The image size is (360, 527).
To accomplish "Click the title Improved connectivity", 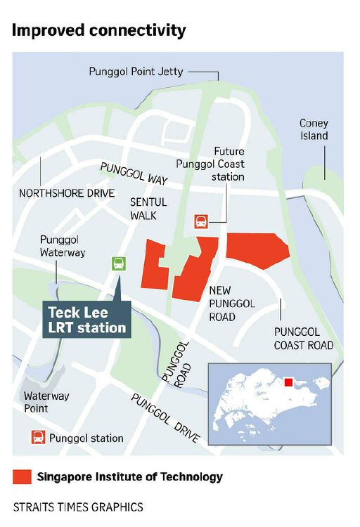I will [x=99, y=30].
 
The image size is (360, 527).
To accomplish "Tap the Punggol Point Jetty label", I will [x=135, y=72].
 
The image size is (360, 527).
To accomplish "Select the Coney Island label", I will [x=314, y=129].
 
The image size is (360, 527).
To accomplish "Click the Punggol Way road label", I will [x=134, y=174].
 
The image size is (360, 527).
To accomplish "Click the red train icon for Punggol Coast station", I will [x=202, y=222].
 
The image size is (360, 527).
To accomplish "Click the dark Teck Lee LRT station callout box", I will [x=87, y=320].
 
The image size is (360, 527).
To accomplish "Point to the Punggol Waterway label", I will [x=62, y=246].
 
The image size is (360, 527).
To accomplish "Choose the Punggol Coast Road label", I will [x=304, y=338].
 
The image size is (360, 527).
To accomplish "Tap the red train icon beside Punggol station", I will [x=37, y=438].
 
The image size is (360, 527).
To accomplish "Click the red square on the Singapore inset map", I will [x=288, y=383].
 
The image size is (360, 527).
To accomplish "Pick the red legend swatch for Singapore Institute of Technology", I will [x=22, y=477].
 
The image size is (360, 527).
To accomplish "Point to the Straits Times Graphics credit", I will [x=78, y=507].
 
